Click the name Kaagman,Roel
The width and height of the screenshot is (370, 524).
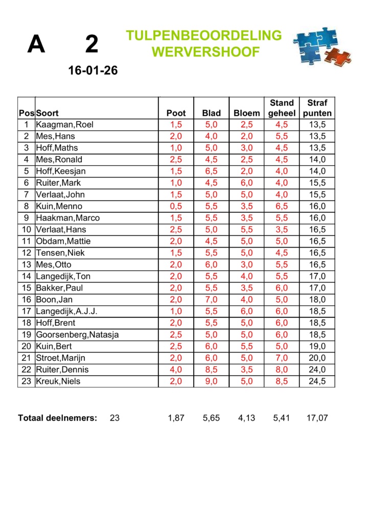(64, 125)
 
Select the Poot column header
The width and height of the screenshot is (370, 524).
(176, 114)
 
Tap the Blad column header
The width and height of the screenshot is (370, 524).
(211, 114)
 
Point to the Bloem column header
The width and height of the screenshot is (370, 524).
(246, 114)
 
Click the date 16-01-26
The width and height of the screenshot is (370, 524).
(93, 71)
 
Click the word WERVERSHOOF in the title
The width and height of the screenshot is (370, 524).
(205, 52)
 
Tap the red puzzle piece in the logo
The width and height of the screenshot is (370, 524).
(337, 56)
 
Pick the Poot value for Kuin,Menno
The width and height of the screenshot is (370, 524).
(176, 206)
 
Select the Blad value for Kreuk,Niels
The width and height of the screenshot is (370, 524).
(211, 381)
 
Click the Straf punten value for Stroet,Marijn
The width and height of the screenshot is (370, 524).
(317, 358)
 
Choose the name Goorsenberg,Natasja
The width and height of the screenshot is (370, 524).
(74, 335)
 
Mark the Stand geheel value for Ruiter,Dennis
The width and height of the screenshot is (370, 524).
(282, 369)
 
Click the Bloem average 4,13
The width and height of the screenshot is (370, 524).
(246, 418)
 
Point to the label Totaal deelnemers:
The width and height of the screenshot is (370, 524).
(57, 418)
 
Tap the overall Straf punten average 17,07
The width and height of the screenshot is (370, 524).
(317, 418)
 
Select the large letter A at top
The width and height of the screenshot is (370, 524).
(36, 45)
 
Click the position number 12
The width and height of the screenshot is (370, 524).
(26, 253)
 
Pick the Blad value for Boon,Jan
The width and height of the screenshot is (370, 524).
(211, 299)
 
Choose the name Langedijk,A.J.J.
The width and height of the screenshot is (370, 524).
(66, 311)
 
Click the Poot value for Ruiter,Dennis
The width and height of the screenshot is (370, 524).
(176, 369)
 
